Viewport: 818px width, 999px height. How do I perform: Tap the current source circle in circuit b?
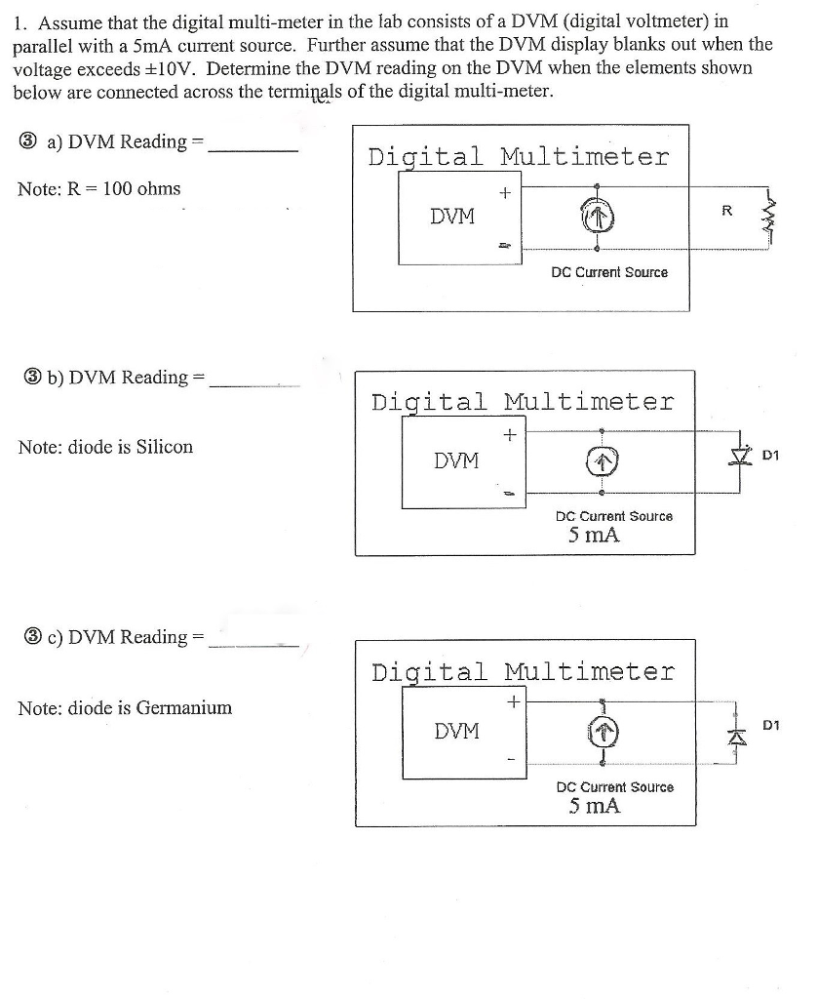(603, 460)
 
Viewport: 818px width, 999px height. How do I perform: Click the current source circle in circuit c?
(603, 732)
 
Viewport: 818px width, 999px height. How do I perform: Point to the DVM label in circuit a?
(452, 217)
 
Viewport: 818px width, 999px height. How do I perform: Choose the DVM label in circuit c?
(456, 730)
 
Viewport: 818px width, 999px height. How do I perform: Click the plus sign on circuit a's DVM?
(504, 193)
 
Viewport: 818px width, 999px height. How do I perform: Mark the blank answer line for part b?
(254, 386)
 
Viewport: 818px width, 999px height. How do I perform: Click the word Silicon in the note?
(164, 447)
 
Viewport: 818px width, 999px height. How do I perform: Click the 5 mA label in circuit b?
(595, 535)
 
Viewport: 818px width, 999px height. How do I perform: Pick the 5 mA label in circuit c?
(595, 806)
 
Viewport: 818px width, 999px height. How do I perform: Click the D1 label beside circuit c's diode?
(771, 725)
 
